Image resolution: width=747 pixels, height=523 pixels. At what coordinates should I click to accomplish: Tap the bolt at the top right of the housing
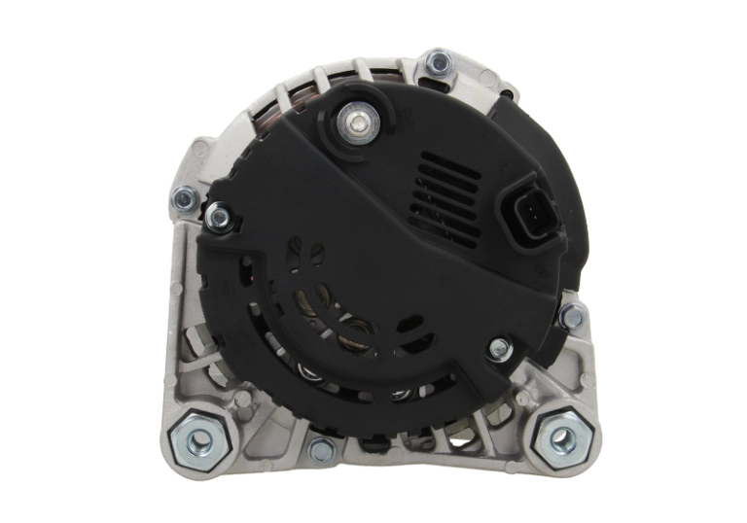coord(440,65)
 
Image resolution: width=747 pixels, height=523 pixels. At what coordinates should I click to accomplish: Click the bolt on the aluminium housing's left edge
coord(183,200)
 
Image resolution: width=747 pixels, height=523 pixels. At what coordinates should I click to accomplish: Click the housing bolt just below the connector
coord(572,316)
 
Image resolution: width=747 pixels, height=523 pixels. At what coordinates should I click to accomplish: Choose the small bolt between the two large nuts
coord(320,449)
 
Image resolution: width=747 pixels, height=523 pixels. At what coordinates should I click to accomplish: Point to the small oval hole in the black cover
coord(409,321)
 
